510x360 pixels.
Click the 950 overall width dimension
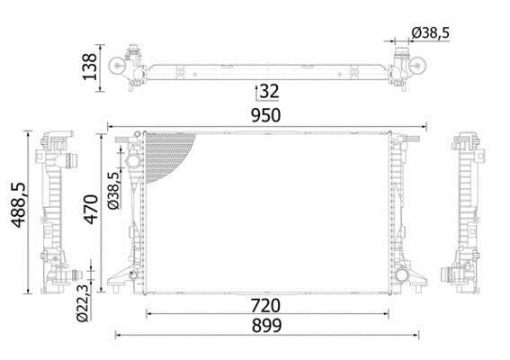(265, 115)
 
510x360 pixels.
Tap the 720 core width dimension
(265, 306)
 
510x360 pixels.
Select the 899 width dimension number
(267, 326)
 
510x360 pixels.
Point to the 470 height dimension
(92, 210)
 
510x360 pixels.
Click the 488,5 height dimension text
(18, 204)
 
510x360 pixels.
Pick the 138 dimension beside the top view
(89, 67)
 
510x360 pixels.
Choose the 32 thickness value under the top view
(270, 91)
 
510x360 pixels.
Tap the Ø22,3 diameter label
(82, 303)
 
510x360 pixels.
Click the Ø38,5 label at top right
(430, 33)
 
